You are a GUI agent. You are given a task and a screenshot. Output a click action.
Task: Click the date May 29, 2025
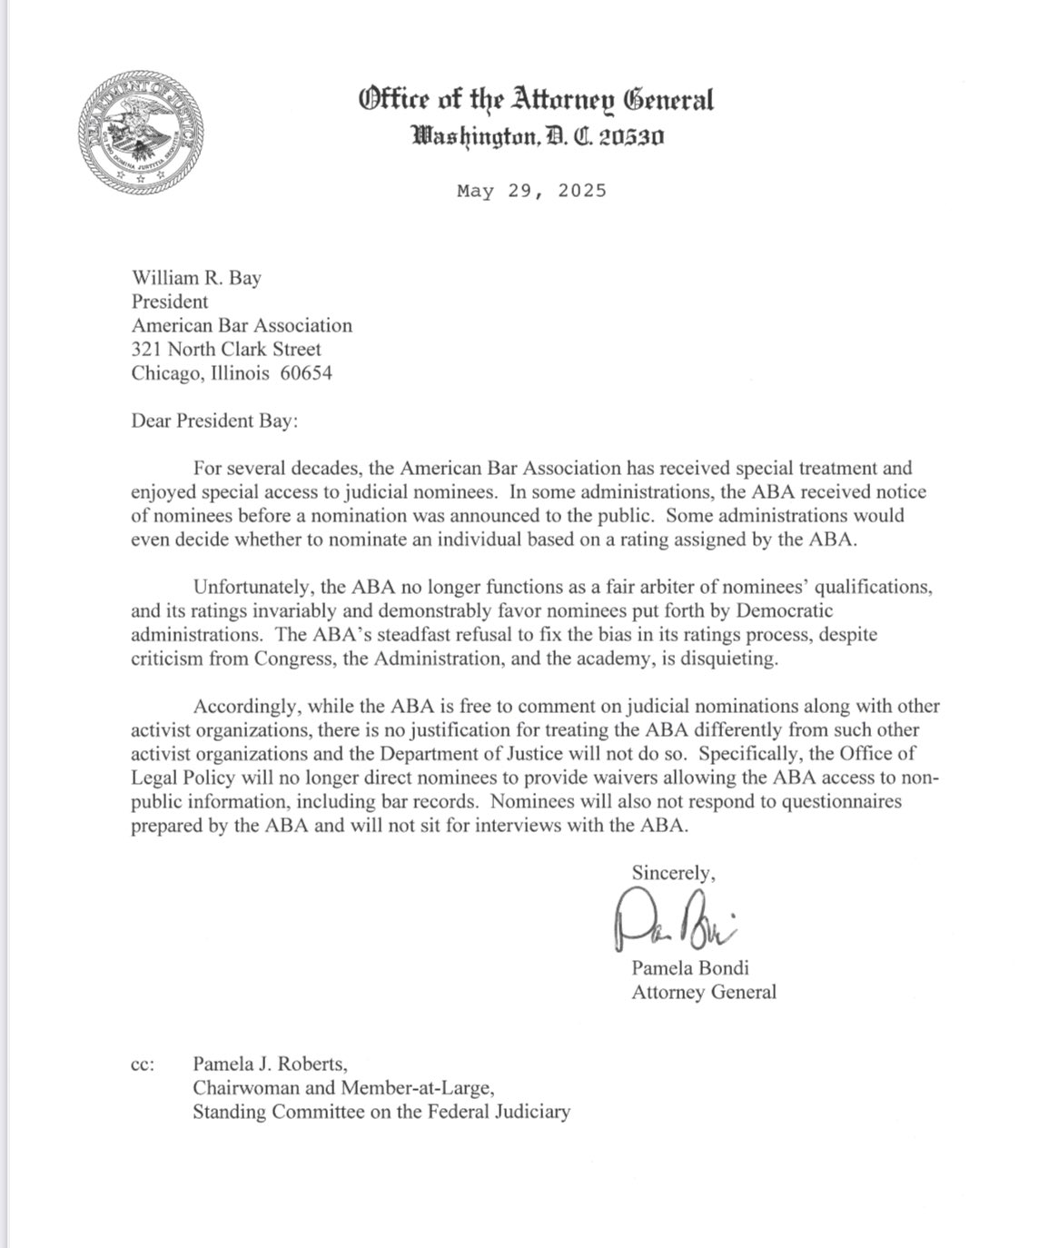(x=531, y=191)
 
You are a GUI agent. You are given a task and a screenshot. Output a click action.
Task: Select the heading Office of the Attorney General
(x=536, y=99)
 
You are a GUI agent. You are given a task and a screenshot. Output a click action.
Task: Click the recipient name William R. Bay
(x=196, y=278)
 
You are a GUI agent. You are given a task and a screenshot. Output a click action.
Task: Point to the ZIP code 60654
(x=305, y=372)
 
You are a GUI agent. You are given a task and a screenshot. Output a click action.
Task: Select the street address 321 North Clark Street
(x=226, y=349)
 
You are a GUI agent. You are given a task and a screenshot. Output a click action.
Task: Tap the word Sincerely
(x=673, y=872)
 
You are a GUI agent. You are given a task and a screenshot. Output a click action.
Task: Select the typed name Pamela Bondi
(x=690, y=967)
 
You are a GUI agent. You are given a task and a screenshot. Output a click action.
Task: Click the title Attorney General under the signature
(x=704, y=991)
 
